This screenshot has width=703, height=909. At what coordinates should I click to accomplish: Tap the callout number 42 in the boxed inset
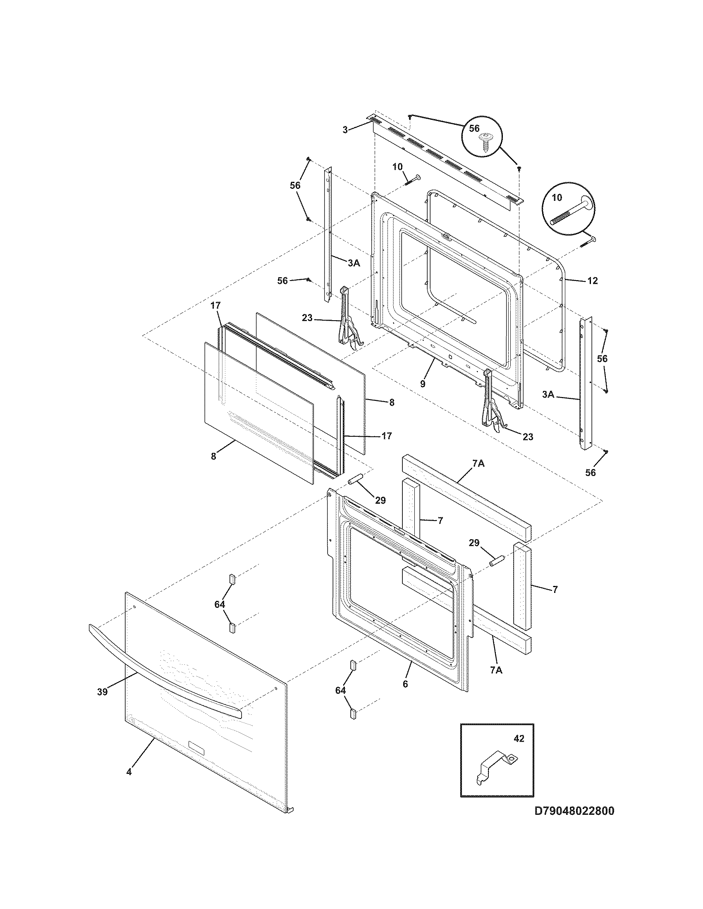coord(519,739)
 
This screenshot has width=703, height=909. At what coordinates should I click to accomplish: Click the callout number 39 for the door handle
coord(103,692)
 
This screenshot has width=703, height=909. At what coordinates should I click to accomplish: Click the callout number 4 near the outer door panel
coord(129,772)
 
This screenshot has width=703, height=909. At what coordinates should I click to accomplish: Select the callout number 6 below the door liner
coord(405,684)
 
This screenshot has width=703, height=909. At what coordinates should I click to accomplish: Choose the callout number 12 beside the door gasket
coord(592,281)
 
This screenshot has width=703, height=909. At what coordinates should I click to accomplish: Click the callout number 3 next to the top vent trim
coord(345,130)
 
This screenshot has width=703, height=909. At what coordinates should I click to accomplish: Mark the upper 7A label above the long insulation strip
coord(478,463)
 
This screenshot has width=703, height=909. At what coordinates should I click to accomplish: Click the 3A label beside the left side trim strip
coord(354,263)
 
